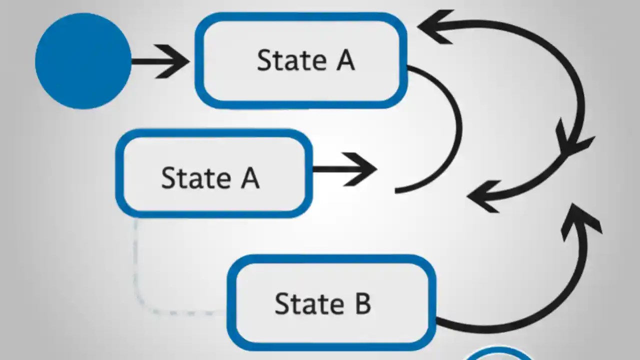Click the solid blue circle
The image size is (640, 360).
(x=83, y=61)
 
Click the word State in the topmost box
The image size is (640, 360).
(x=291, y=60)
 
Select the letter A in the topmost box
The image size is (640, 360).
(x=345, y=60)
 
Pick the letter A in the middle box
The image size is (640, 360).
(x=250, y=177)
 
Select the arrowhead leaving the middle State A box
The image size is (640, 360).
(x=362, y=169)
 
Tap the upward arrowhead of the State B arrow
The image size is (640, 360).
(x=580, y=220)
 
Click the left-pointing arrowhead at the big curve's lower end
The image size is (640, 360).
(x=483, y=196)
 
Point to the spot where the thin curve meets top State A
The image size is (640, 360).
(x=409, y=67)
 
